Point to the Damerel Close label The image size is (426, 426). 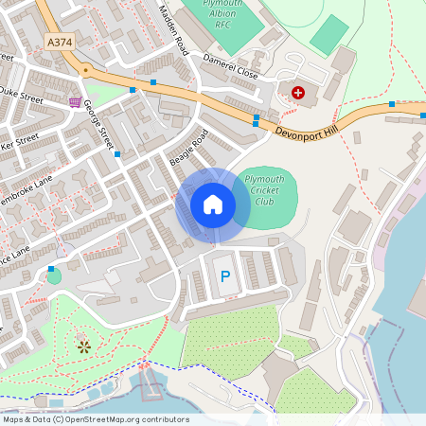coord(231,65)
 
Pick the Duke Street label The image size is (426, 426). coord(21,94)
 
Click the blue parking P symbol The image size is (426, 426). coord(224,276)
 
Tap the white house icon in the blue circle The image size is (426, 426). coord(213,204)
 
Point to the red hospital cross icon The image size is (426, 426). coord(299,92)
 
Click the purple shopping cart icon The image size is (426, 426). coord(75,101)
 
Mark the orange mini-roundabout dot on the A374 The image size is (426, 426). coord(85,69)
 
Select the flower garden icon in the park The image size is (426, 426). coord(84,346)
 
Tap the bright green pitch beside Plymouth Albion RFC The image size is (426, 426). coord(328,34)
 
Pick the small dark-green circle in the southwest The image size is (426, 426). coord(54,276)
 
